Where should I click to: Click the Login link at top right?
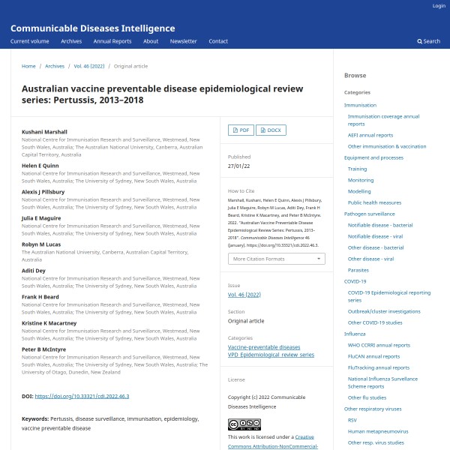439,6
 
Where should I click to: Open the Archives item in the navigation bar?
71,41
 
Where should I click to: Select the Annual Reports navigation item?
112,41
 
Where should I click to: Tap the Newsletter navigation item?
183,41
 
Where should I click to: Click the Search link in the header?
429,41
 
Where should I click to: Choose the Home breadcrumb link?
28,66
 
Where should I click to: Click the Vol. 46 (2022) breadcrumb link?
89,66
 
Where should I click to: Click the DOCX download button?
271,130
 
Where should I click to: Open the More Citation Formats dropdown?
276,259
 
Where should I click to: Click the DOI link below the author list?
82,396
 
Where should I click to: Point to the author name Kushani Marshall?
44,131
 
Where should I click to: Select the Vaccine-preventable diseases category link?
264,347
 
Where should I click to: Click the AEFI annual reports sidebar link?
370,135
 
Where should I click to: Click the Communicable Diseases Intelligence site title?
92,28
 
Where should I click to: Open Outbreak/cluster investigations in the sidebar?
384,311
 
